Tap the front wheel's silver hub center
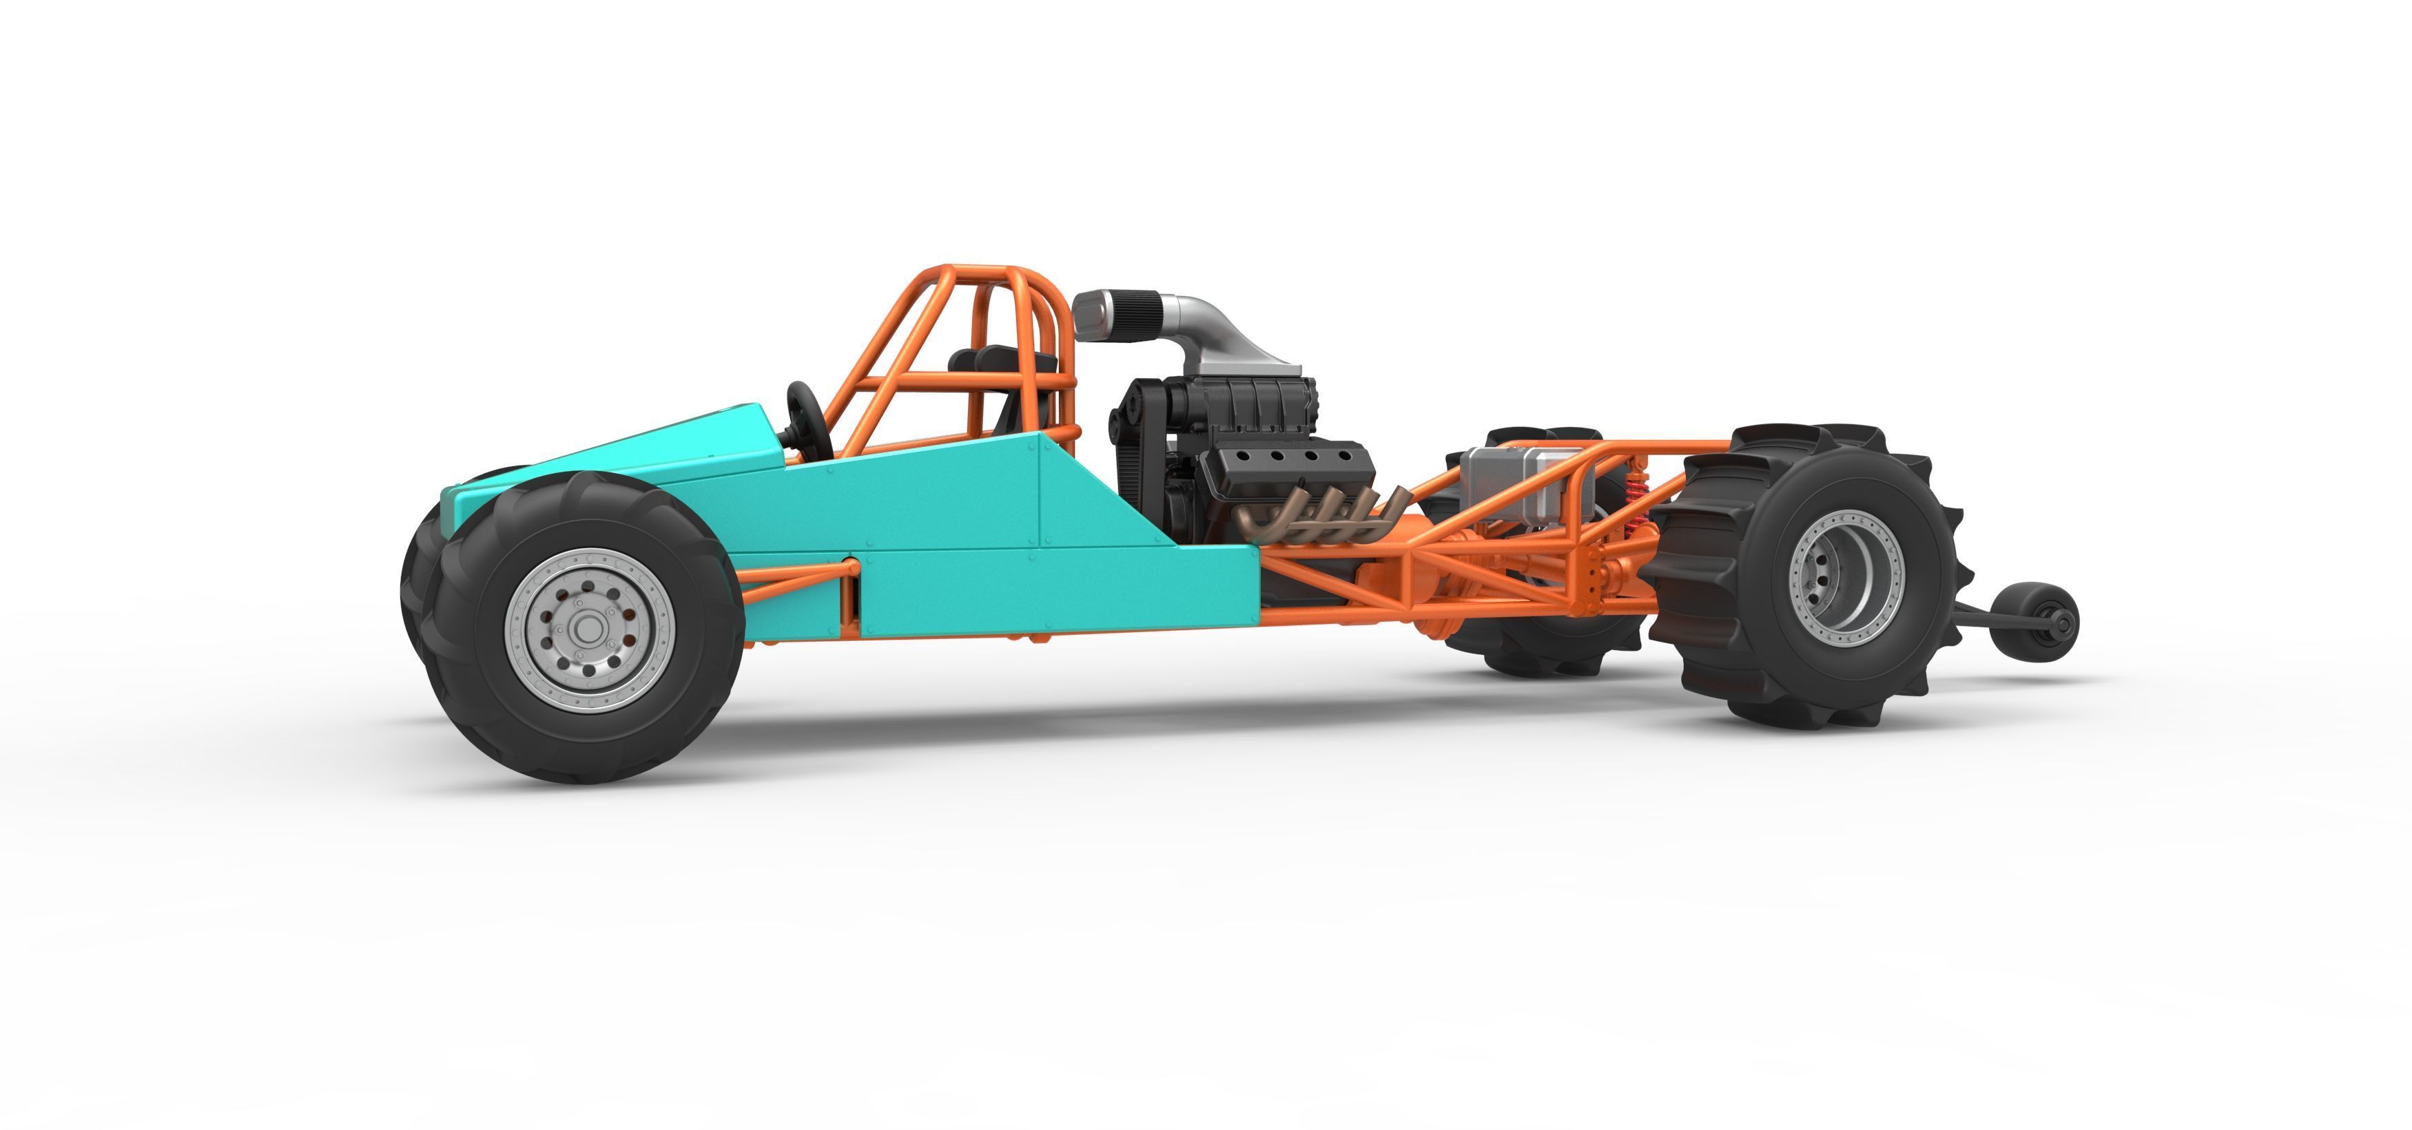point(588,630)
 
